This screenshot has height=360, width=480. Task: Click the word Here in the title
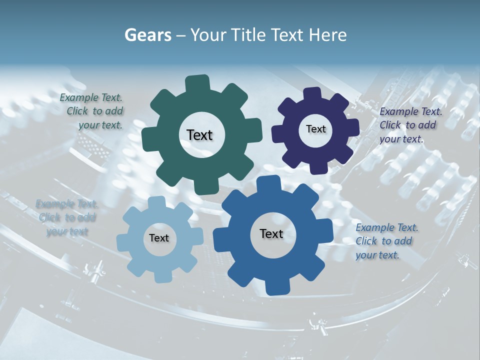coord(328,35)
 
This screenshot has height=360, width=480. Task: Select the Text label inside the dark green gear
coord(199,135)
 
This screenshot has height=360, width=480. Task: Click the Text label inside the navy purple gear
coord(315,129)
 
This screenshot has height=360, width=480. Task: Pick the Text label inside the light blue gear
coord(159,238)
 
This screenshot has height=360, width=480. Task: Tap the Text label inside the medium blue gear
coord(271,233)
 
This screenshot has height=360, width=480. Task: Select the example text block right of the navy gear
coord(409,125)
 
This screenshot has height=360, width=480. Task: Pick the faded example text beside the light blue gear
coord(67,217)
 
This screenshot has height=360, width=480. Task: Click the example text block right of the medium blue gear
coord(386,241)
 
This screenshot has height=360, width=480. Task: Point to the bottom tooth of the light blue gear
coord(162,275)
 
